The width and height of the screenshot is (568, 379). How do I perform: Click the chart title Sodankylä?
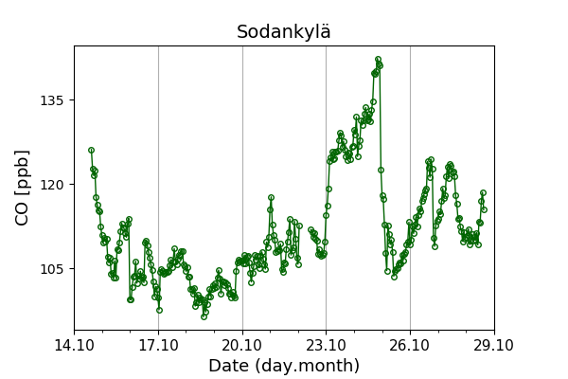[x=284, y=32]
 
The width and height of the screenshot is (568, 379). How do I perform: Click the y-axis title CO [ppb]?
[x=22, y=188]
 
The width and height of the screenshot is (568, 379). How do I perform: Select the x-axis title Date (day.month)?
[x=284, y=366]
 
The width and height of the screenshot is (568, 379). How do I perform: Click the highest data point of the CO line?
[x=378, y=60]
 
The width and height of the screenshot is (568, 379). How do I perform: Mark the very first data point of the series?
[x=91, y=150]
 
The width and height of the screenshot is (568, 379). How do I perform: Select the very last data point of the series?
[x=483, y=193]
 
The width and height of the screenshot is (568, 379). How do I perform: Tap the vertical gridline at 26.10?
[x=410, y=284]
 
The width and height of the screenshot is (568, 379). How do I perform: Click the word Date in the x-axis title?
[x=228, y=366]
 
